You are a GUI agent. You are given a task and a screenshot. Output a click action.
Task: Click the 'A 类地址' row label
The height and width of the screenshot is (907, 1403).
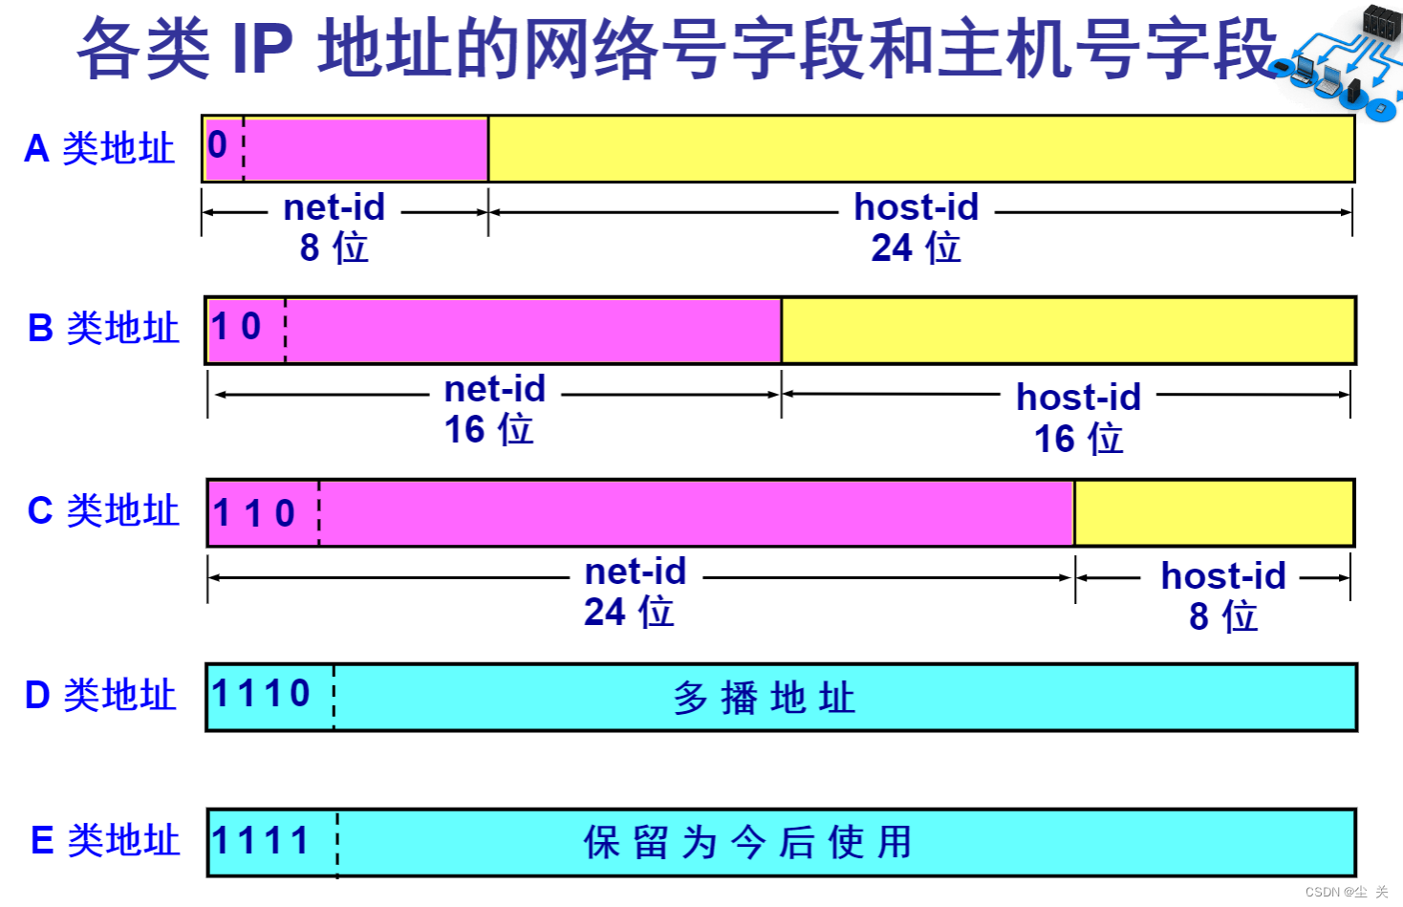(x=99, y=148)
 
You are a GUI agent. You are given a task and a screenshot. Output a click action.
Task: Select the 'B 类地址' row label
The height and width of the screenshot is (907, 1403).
(x=103, y=328)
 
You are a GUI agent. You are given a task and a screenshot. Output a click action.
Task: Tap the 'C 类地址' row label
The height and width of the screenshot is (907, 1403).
(x=103, y=510)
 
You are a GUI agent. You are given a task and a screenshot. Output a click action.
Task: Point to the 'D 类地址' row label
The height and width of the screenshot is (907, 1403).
(x=100, y=695)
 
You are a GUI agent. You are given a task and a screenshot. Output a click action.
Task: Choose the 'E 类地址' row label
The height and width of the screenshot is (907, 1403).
(x=105, y=840)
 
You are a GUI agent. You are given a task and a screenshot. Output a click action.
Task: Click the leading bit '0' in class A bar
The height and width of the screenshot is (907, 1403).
(x=218, y=145)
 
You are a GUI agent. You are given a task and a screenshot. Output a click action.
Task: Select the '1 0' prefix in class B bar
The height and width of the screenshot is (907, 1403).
(x=236, y=327)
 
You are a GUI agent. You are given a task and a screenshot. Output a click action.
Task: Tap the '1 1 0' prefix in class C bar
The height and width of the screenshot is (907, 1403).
(x=254, y=513)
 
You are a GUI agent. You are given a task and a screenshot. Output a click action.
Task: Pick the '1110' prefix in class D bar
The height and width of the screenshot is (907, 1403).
(x=261, y=694)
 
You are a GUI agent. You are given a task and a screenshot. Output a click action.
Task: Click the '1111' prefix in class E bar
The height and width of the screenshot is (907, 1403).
(x=261, y=841)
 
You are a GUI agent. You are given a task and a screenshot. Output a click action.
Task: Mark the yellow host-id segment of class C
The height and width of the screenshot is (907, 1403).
(x=1214, y=513)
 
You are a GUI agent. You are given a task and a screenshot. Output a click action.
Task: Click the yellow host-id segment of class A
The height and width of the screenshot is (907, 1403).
(x=920, y=149)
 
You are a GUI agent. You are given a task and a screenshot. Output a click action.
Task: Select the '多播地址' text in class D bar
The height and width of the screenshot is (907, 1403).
(x=764, y=698)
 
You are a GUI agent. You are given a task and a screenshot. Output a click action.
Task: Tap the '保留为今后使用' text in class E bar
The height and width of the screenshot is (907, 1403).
(x=747, y=843)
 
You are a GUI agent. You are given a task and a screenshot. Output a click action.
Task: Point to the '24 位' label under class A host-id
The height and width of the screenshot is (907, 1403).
(x=916, y=248)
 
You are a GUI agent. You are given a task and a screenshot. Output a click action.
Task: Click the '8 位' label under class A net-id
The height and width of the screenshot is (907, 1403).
(x=334, y=248)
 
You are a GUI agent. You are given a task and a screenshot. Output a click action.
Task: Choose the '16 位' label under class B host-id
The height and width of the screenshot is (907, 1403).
(x=1078, y=439)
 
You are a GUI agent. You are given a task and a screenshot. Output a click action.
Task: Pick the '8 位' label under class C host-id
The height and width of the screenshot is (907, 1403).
(x=1222, y=616)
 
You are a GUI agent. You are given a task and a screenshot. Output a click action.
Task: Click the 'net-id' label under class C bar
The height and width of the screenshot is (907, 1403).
(x=636, y=572)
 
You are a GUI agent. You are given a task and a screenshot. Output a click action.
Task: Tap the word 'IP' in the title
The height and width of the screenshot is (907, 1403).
(x=262, y=48)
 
